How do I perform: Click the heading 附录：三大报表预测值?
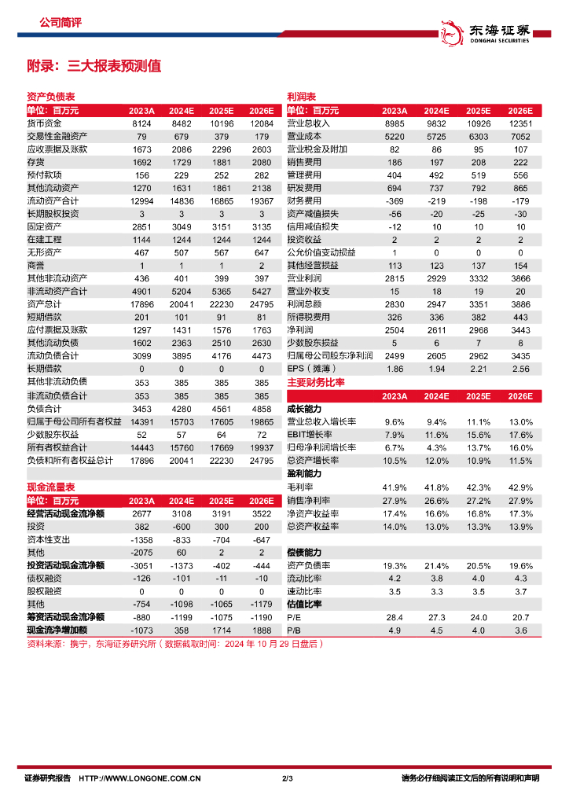[94, 66]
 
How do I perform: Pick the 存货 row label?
[35, 162]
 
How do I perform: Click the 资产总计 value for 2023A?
[141, 303]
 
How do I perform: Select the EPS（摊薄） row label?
[312, 368]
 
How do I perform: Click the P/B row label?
[295, 630]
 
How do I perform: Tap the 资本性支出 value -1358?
[141, 539]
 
